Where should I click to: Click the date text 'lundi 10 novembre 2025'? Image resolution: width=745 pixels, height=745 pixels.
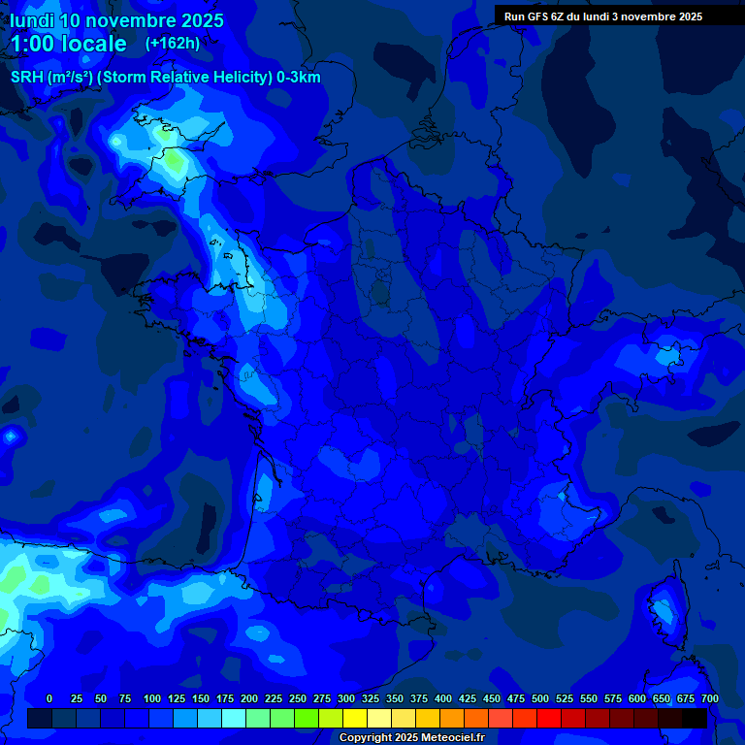tap(116, 20)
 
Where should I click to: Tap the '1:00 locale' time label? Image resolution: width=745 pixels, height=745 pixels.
tap(69, 44)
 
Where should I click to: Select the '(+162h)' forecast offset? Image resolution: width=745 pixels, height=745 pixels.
tap(173, 43)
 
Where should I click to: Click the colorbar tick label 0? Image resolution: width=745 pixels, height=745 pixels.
tap(49, 698)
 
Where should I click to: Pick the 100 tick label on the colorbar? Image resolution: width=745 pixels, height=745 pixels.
tap(152, 698)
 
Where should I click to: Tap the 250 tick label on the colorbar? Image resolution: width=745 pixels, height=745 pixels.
tap(298, 698)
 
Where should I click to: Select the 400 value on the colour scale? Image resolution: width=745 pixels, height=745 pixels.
tap(443, 698)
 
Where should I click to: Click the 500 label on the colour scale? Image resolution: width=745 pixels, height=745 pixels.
tap(540, 698)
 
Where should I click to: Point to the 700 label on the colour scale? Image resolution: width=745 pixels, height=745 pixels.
tap(710, 698)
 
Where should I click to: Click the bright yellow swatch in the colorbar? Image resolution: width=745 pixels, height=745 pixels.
tap(355, 719)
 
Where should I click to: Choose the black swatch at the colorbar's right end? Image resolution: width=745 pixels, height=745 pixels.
tap(695, 719)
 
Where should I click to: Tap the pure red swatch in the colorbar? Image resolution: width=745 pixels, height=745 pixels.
tap(549, 719)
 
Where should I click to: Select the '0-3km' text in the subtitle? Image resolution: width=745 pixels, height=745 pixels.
tap(299, 78)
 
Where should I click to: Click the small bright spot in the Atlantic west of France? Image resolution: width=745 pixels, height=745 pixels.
tap(11, 437)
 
